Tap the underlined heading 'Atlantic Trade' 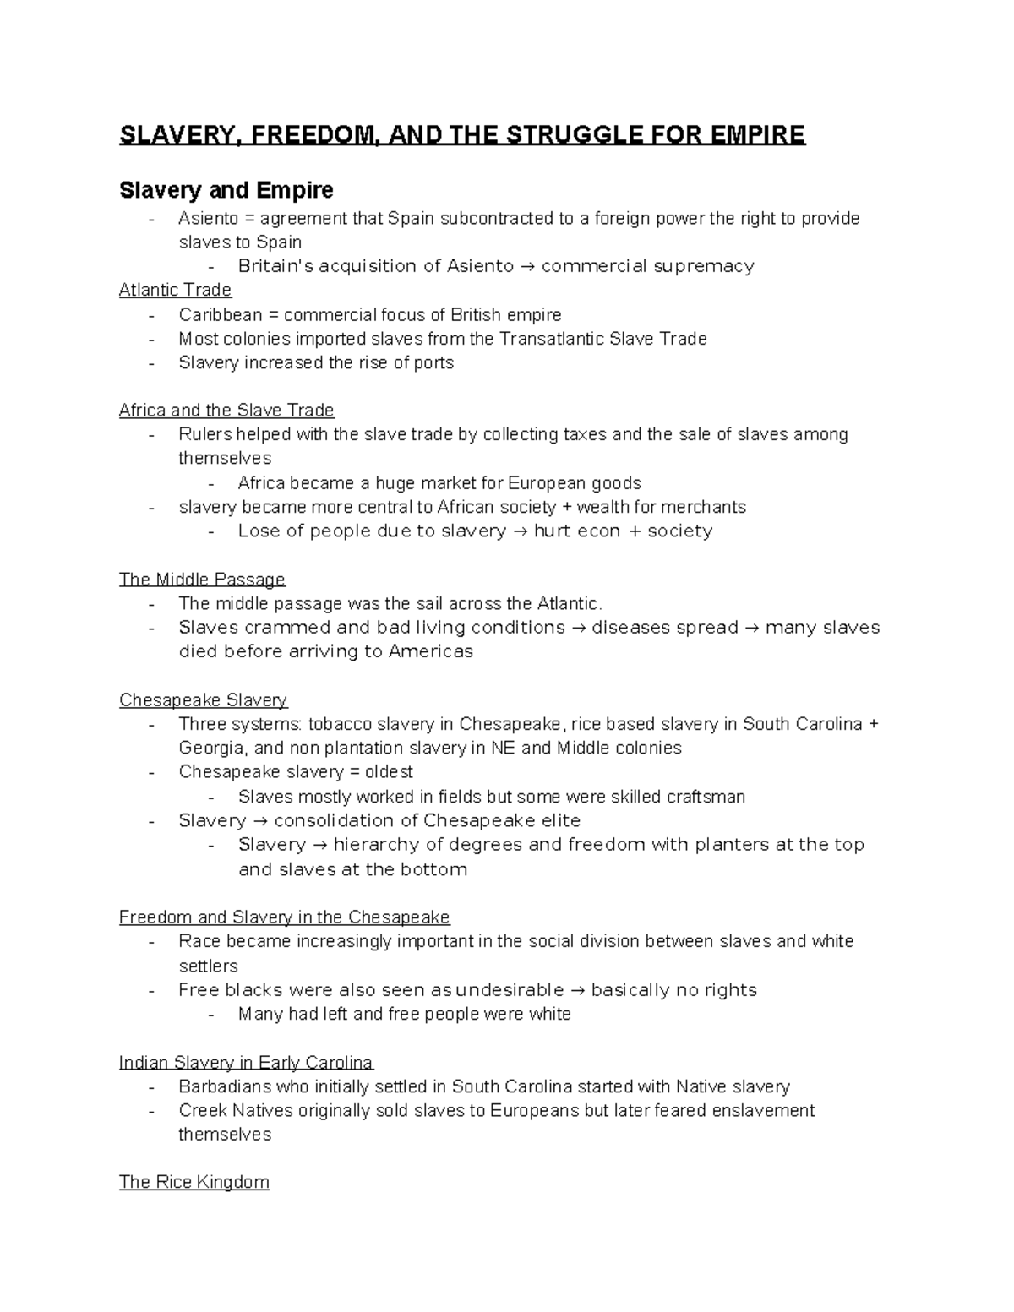tap(175, 290)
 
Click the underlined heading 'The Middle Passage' tap(202, 580)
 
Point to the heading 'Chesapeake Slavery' tap(203, 700)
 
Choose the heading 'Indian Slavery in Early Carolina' tap(246, 1062)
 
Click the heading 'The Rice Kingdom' tap(194, 1182)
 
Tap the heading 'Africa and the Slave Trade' tap(226, 411)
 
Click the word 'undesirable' tap(510, 990)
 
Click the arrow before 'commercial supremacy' tap(527, 267)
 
